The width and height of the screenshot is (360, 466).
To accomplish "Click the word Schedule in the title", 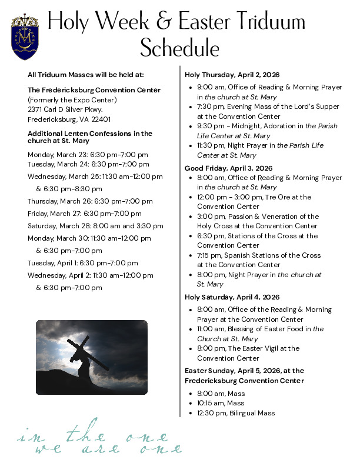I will point(179,48).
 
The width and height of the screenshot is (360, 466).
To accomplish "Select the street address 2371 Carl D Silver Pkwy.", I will point(65,109).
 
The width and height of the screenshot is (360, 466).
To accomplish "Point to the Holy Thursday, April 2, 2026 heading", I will point(232,75).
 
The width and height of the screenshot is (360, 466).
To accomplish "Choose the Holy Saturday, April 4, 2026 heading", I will point(232,297).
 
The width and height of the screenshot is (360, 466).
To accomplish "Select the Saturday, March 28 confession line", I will point(95,226).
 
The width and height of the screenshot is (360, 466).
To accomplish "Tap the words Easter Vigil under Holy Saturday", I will point(255,348).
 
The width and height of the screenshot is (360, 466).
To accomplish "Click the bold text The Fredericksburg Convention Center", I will point(94,90).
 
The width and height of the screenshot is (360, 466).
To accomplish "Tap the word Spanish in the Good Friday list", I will point(236,255).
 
